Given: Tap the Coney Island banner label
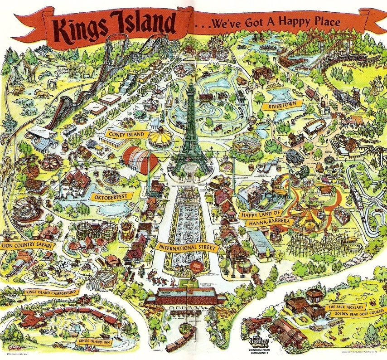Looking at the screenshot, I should coord(127,134).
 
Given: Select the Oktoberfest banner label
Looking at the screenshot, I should coord(111,196).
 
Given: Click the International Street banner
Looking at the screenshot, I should coord(186,248).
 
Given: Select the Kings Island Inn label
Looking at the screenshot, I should coord(94,341).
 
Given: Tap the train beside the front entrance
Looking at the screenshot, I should coord(180,341).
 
